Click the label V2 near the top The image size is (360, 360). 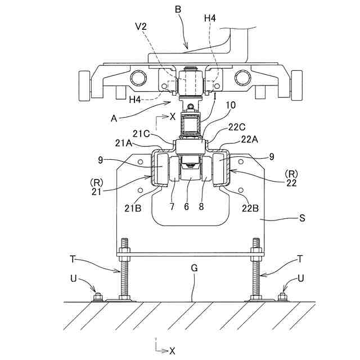(141, 26)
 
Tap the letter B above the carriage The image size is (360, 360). (178, 10)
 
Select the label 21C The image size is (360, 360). (141, 134)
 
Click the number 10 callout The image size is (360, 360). (231, 105)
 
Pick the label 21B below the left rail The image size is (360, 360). (133, 208)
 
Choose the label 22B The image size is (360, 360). (250, 208)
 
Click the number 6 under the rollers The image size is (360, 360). (186, 206)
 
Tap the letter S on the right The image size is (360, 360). (303, 218)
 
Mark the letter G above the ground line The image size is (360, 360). (194, 268)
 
